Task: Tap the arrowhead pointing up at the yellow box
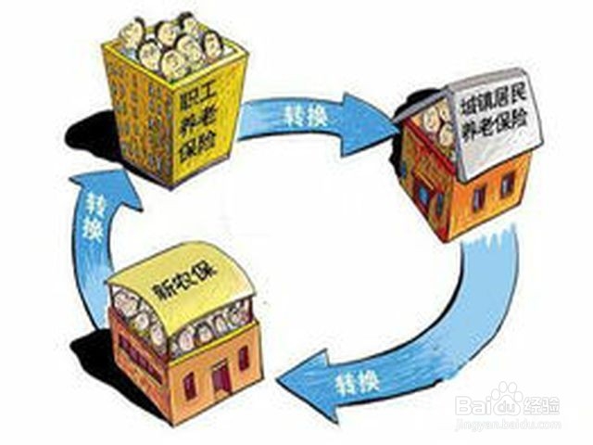[x=116, y=182]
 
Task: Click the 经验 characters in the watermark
[x=542, y=404]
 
